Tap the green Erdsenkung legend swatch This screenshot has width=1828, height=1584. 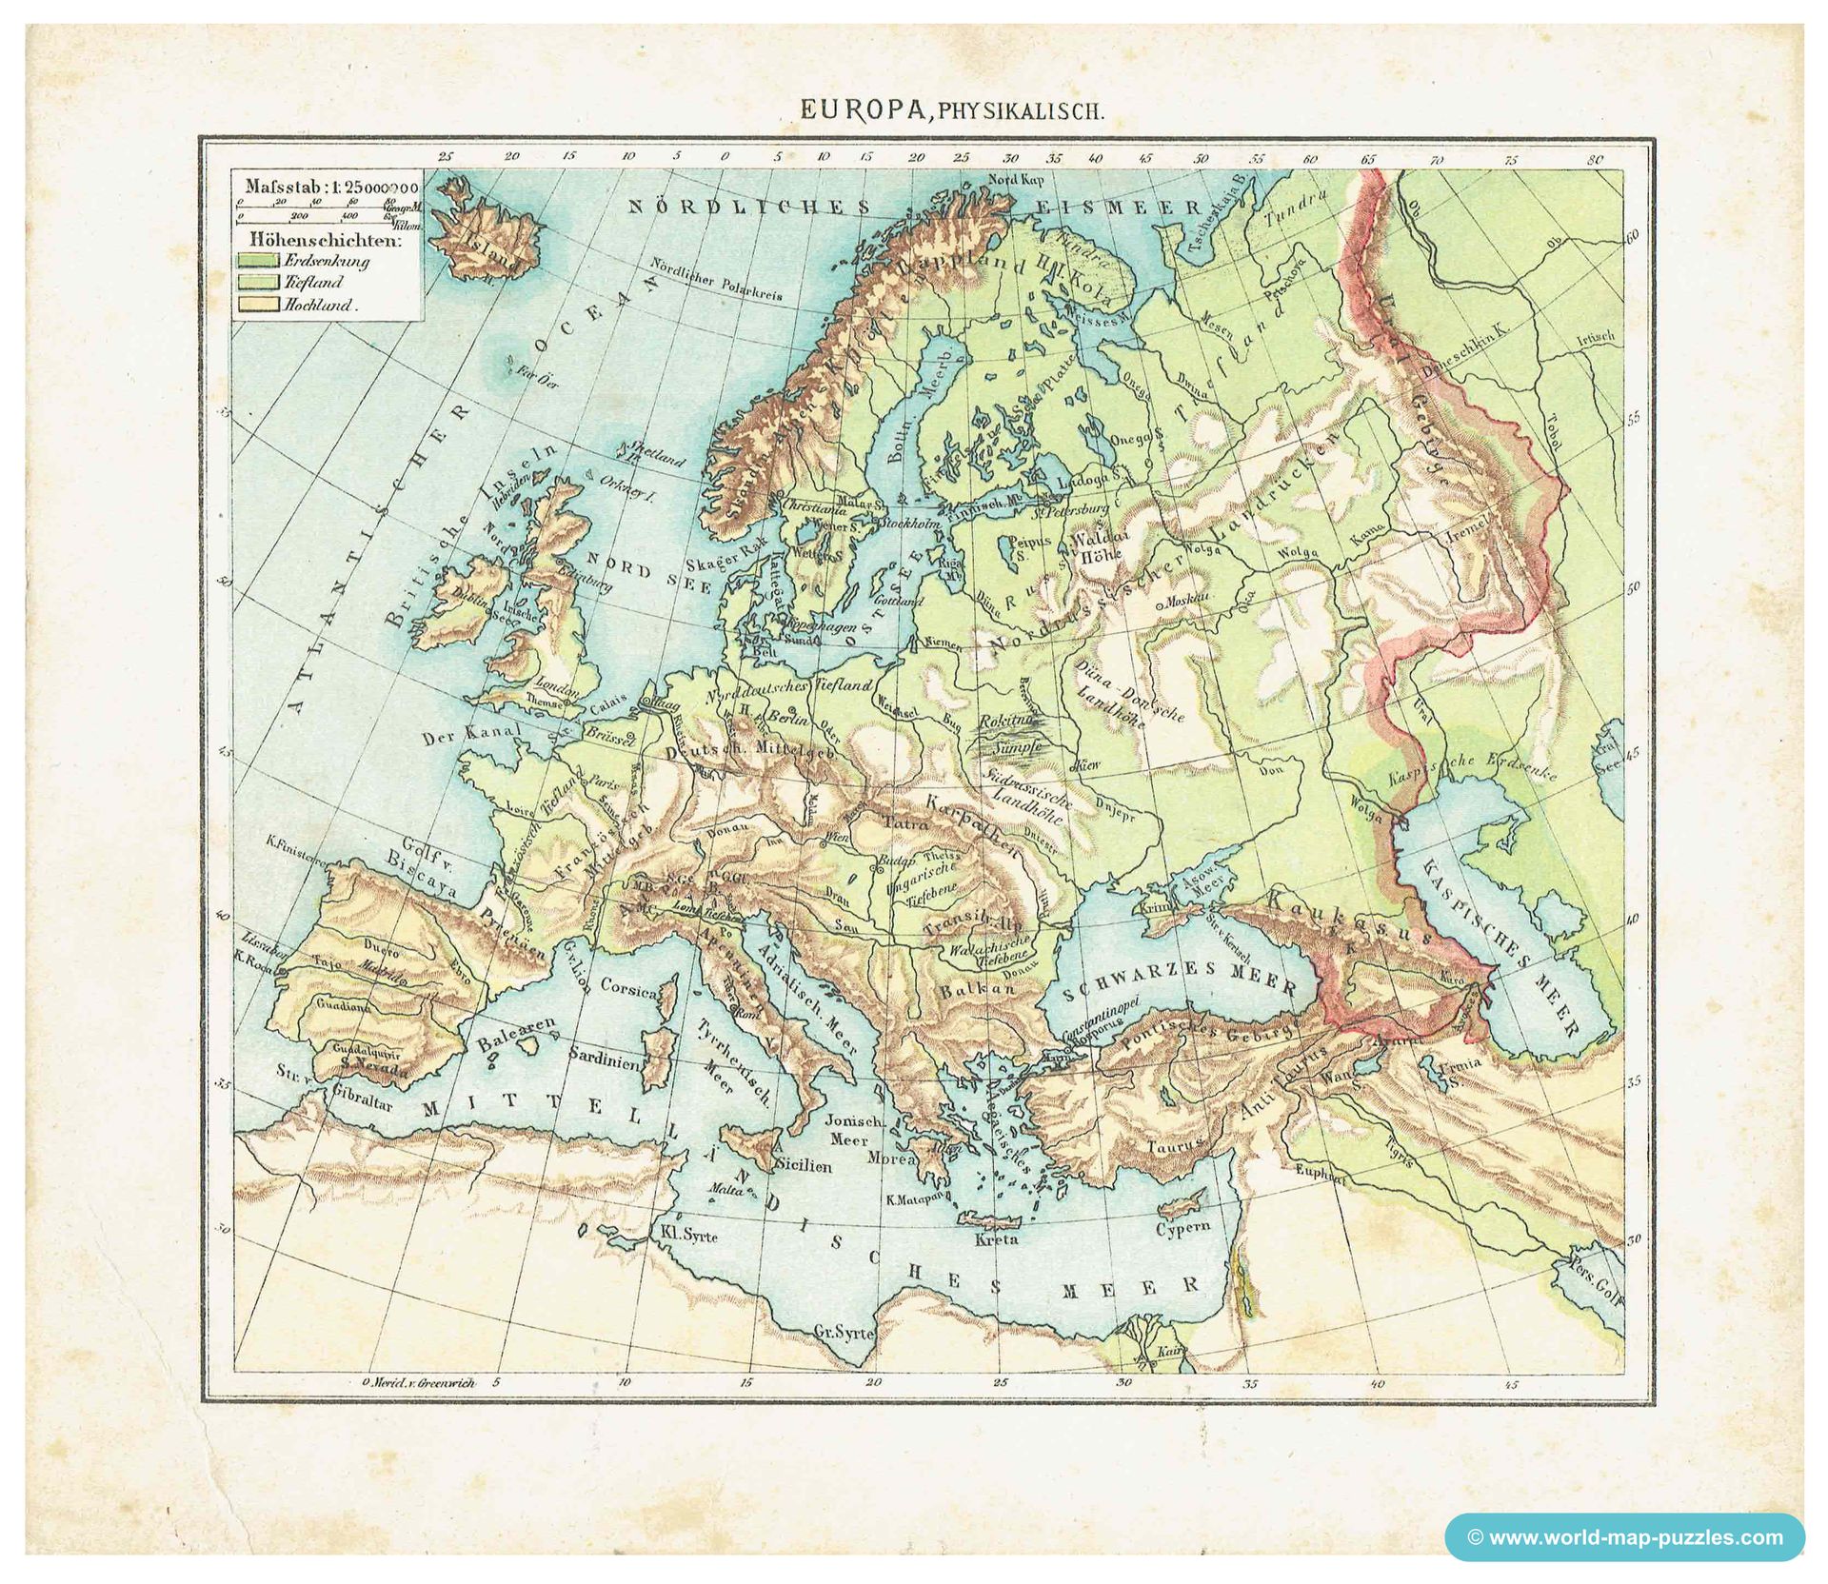point(258,259)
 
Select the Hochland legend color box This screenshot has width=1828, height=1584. point(258,306)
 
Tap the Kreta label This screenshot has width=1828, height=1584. point(997,1239)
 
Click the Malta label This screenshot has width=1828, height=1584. point(725,1190)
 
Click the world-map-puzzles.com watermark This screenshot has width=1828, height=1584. point(1624,1536)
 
